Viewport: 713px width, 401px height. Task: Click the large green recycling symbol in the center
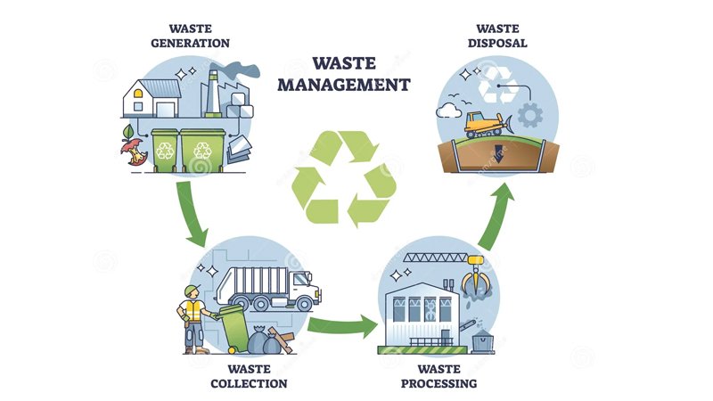[x=345, y=176]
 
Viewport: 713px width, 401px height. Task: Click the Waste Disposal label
[x=502, y=35]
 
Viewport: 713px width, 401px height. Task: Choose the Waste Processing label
[x=439, y=376]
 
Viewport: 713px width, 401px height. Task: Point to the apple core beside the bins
[x=135, y=154]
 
